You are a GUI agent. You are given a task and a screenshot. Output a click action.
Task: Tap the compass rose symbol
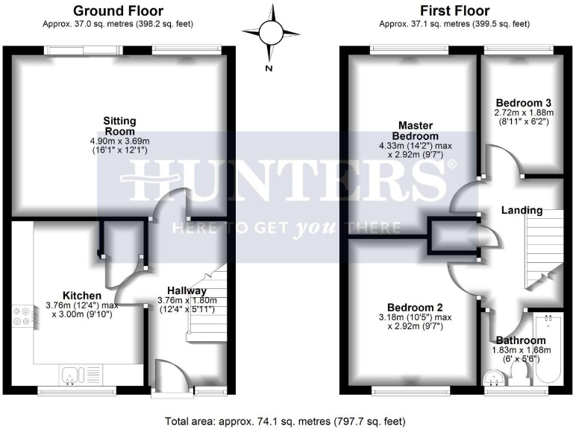(269, 34)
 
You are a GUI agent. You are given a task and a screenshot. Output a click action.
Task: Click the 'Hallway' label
(187, 291)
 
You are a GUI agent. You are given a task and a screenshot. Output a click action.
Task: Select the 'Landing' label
(522, 210)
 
